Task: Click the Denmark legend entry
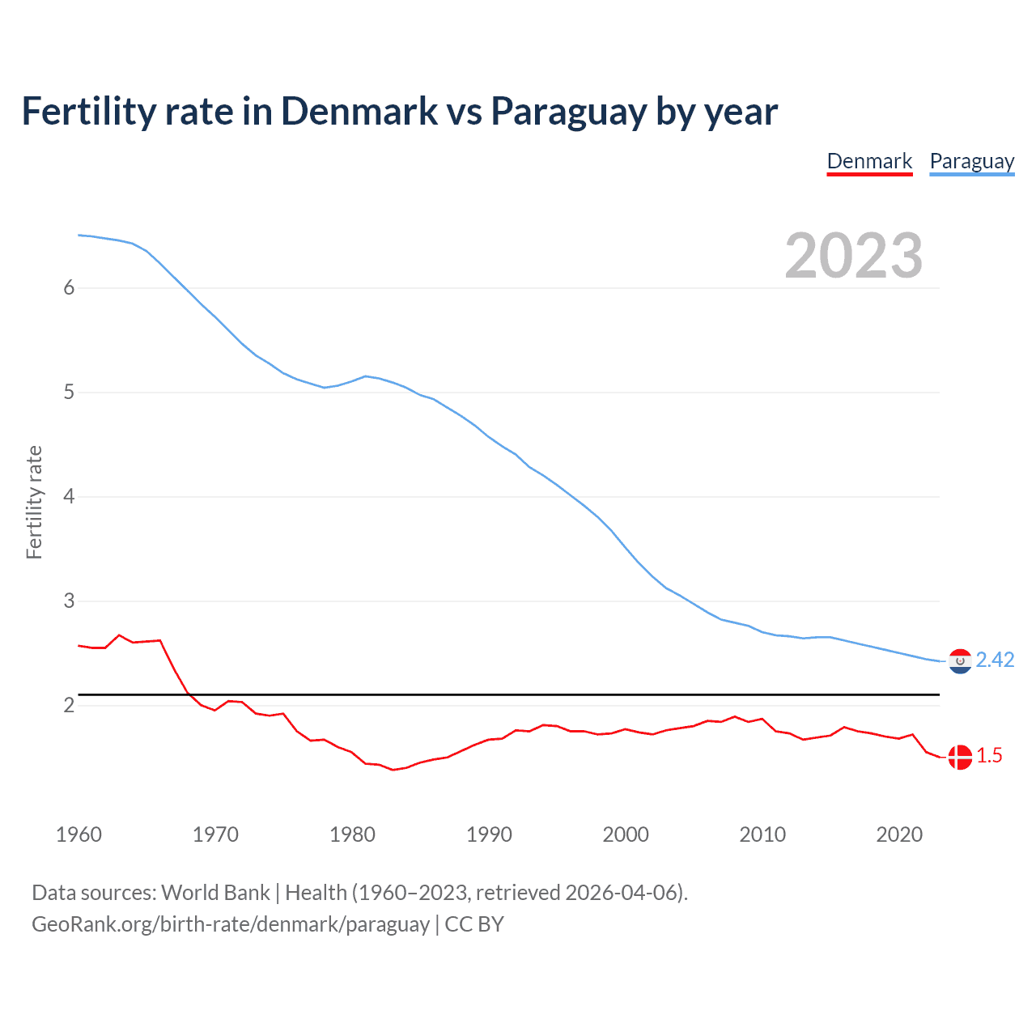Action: (869, 161)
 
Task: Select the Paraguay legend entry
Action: (971, 161)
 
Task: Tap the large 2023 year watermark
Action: (854, 256)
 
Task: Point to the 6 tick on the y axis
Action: (69, 287)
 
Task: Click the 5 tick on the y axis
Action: (69, 392)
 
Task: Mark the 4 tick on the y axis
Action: (69, 496)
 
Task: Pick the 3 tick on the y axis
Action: (69, 601)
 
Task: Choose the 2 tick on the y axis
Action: (69, 705)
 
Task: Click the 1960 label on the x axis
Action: (79, 834)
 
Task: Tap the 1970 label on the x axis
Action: (215, 834)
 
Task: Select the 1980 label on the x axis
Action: (352, 834)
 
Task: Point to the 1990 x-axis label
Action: (489, 834)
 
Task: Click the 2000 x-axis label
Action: (626, 834)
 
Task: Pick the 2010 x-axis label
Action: (762, 834)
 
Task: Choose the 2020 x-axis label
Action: (899, 834)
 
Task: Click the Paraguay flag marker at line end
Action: (960, 661)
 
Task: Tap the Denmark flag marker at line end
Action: (960, 758)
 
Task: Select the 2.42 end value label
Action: (995, 660)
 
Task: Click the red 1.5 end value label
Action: (989, 756)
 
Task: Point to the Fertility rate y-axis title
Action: (34, 502)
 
